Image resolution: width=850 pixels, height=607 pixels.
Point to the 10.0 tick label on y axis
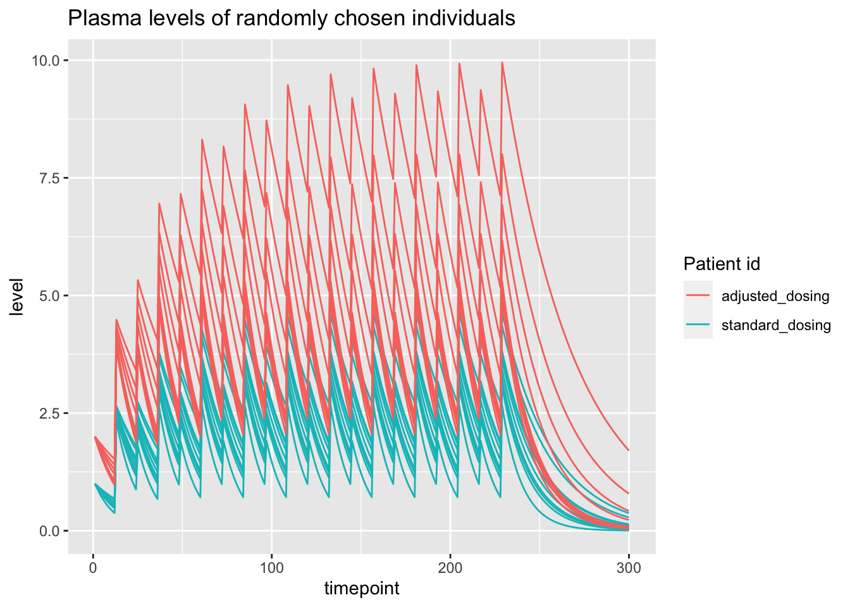pos(46,61)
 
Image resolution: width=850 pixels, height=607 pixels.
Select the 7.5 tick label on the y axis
pos(50,178)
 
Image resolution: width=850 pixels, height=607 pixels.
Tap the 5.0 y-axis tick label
pos(50,296)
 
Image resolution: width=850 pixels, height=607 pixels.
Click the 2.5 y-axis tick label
pos(50,414)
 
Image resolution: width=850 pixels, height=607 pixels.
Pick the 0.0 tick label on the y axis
pos(50,531)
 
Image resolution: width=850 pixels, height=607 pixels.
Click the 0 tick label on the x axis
pos(93,568)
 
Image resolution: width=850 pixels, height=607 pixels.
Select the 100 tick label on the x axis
pos(271,568)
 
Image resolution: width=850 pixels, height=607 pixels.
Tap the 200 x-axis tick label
pos(450,568)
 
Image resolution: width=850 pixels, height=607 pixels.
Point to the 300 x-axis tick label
pos(629,568)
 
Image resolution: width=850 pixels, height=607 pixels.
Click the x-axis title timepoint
pos(362,589)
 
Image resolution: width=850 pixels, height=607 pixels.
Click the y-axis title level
pos(17,296)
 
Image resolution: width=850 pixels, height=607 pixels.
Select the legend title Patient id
pos(722,264)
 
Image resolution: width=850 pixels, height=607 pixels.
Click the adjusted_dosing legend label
pos(775,296)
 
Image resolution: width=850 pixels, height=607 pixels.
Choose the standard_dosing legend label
pos(776,325)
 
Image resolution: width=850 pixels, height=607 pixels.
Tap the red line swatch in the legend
pos(698,296)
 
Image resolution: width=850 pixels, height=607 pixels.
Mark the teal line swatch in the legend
pos(698,325)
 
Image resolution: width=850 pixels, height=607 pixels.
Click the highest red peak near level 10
pos(502,63)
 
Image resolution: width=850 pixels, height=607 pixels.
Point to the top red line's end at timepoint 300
pos(629,450)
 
